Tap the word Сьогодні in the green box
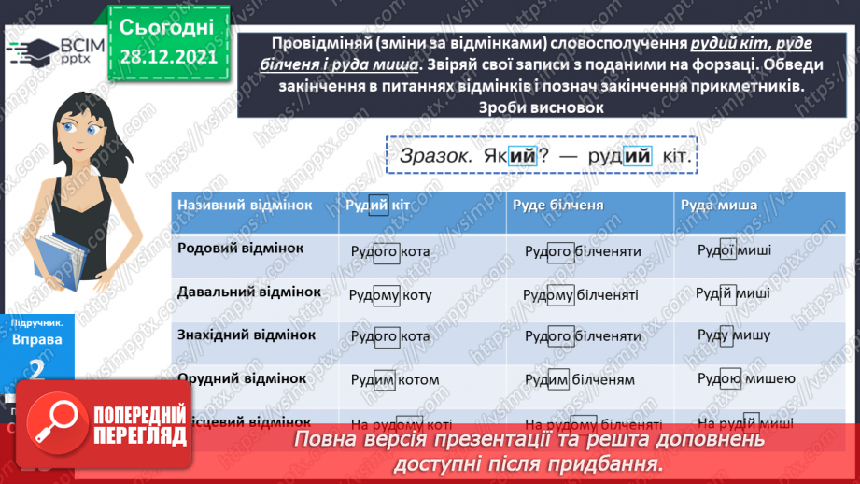[x=167, y=25]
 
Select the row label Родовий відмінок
[x=241, y=249]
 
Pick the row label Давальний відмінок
[x=249, y=292]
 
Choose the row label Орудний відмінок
[x=242, y=377]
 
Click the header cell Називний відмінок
[x=244, y=206]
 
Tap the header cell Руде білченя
[x=563, y=206]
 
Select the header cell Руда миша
[x=718, y=206]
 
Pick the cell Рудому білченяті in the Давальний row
[x=581, y=293]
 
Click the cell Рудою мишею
[x=746, y=377]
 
